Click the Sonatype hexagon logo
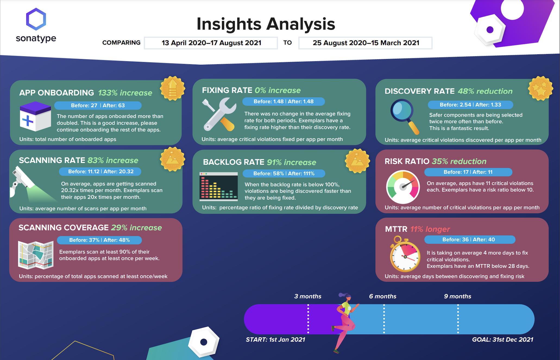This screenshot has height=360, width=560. pyautogui.click(x=36, y=19)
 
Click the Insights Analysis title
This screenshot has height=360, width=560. pyautogui.click(x=266, y=24)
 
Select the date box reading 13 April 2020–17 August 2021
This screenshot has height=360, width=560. pyautogui.click(x=211, y=43)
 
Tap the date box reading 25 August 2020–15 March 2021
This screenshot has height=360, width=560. pyautogui.click(x=365, y=43)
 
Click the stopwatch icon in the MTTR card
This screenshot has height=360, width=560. pyautogui.click(x=405, y=254)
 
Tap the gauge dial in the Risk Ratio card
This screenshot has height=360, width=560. pyautogui.click(x=403, y=187)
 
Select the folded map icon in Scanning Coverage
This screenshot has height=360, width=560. pyautogui.click(x=36, y=255)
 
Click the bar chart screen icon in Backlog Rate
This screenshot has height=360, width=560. pyautogui.click(x=219, y=187)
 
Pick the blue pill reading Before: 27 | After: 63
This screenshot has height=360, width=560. pyautogui.click(x=98, y=105)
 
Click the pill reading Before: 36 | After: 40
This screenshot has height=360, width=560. pyautogui.click(x=470, y=239)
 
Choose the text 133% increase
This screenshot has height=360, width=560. pyautogui.click(x=125, y=93)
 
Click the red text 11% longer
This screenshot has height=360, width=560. pyautogui.click(x=430, y=229)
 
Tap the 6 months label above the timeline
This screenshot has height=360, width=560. pyautogui.click(x=383, y=296)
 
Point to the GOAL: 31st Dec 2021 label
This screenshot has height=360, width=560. pyautogui.click(x=502, y=340)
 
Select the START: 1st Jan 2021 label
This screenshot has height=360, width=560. pyautogui.click(x=275, y=340)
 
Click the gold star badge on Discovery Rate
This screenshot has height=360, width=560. pyautogui.click(x=540, y=89)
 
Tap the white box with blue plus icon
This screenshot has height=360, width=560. pyautogui.click(x=35, y=116)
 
